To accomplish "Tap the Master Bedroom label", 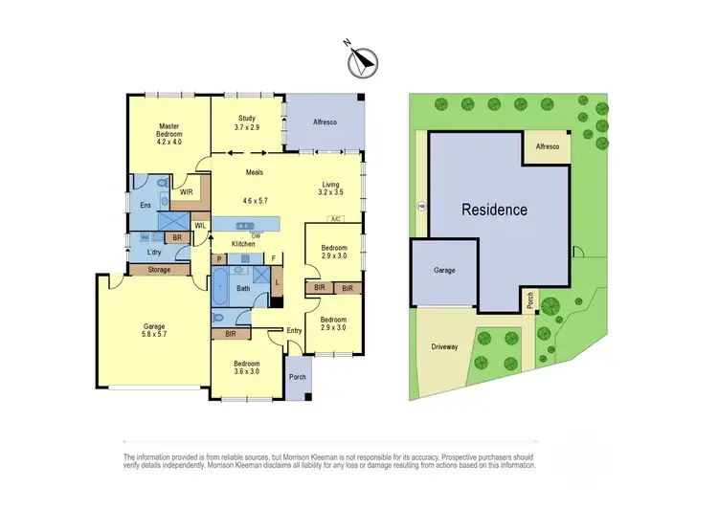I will coord(169,133).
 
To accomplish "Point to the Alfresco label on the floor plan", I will coord(325,122).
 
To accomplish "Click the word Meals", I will coord(254,172).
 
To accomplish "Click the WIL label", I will coord(200,226).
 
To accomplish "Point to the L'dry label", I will coord(153,252).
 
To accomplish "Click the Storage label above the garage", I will coord(159,271).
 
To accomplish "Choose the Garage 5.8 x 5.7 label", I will coord(147,331).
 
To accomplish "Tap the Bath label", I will coord(243,288).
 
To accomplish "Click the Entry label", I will coord(293,330).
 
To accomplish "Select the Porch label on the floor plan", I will coord(298,376).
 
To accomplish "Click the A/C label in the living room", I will coord(335,219).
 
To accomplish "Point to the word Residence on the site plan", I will coord(494,210).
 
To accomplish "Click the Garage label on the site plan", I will coord(444,271).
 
